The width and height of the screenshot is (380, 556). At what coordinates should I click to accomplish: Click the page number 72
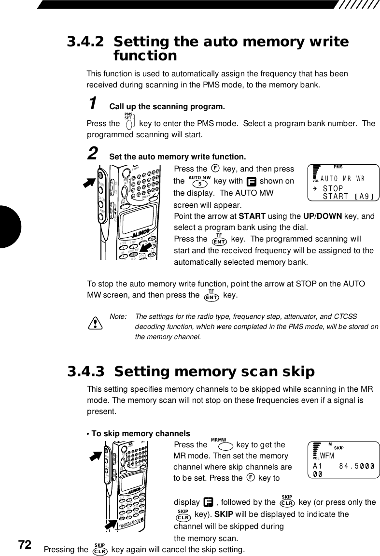click(x=25, y=545)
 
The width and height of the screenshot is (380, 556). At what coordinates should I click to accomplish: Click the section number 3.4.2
click(x=85, y=42)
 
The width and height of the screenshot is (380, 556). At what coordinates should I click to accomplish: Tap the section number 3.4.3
click(x=85, y=372)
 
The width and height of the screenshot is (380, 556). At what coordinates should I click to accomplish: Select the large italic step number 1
click(x=94, y=103)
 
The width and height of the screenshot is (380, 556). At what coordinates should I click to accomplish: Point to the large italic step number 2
click(x=94, y=155)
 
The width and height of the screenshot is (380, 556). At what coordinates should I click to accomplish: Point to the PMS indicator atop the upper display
click(x=338, y=167)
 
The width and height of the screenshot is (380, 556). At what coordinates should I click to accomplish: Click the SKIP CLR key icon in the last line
click(x=100, y=550)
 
